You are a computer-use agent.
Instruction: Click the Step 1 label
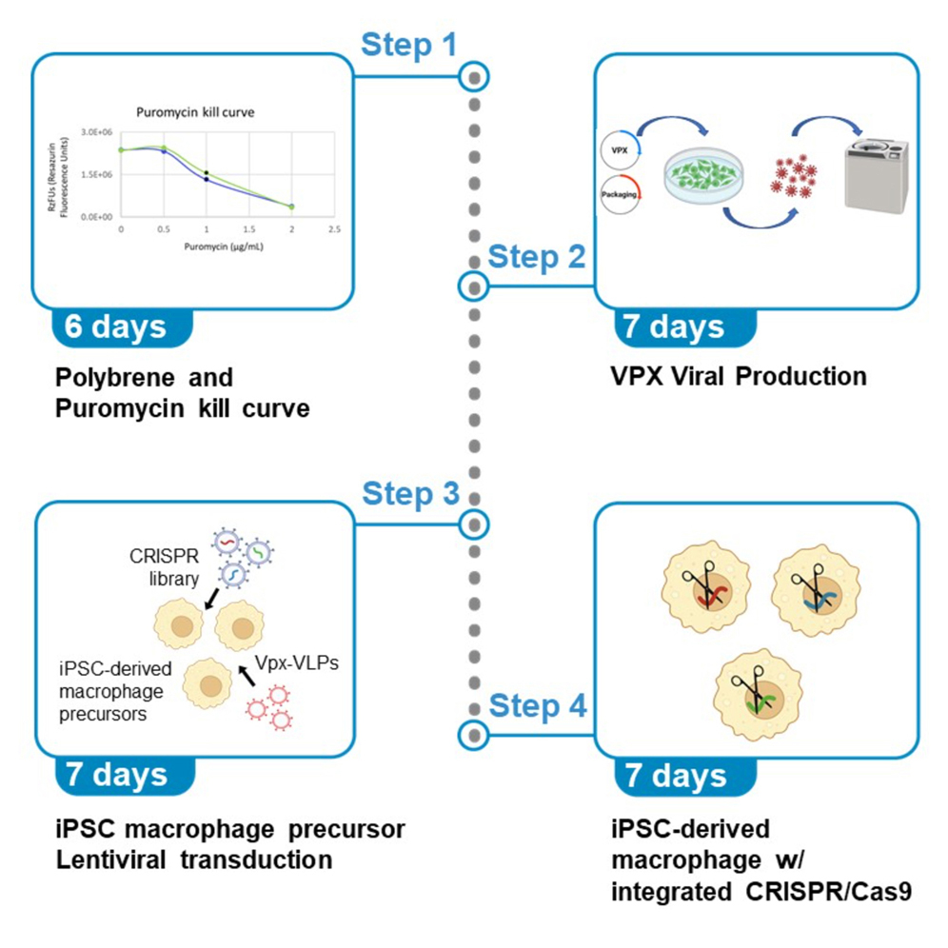(409, 45)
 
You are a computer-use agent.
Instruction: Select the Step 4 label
(537, 706)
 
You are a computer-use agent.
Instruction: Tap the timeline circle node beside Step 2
(473, 285)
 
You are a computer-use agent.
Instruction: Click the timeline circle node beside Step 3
(473, 523)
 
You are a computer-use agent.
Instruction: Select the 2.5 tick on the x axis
(334, 230)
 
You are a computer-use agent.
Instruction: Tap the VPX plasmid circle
(620, 150)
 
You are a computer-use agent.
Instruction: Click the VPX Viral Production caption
(739, 376)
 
